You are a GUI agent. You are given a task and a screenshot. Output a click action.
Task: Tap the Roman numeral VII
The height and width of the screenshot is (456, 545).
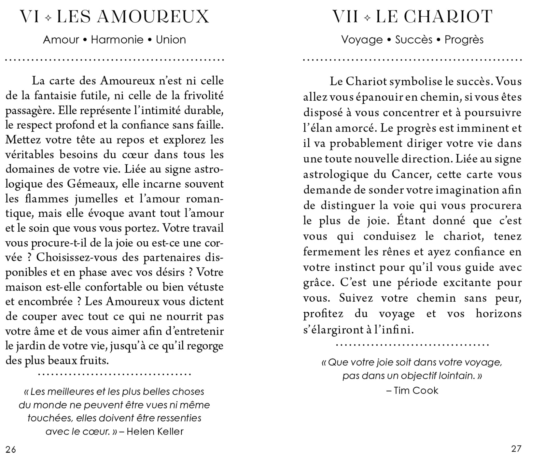pyautogui.click(x=346, y=17)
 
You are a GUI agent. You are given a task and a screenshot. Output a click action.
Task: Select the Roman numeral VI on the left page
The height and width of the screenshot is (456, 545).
pyautogui.click(x=30, y=17)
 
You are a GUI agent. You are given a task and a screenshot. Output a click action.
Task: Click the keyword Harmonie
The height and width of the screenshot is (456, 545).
pyautogui.click(x=117, y=40)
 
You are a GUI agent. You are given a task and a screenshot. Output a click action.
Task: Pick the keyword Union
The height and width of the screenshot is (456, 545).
pyautogui.click(x=171, y=40)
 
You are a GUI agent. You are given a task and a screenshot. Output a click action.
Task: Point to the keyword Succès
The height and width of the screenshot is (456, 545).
pyautogui.click(x=413, y=40)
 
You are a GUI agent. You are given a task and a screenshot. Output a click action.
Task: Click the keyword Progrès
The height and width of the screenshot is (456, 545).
pyautogui.click(x=464, y=40)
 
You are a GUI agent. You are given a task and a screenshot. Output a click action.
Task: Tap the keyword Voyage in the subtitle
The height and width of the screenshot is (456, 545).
pyautogui.click(x=362, y=40)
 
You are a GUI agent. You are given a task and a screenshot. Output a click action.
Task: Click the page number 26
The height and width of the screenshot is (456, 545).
pyautogui.click(x=11, y=449)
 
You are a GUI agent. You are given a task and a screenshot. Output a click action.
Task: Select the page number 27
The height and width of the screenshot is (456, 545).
pyautogui.click(x=516, y=449)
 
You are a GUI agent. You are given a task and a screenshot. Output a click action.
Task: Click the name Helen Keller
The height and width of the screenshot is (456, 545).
pyautogui.click(x=155, y=432)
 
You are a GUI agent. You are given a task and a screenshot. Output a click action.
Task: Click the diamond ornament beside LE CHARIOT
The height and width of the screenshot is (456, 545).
pyautogui.click(x=367, y=18)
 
